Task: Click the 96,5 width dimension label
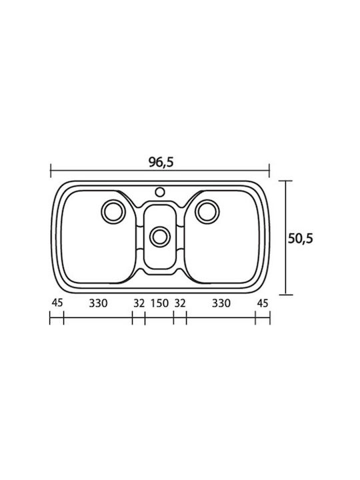click(161, 162)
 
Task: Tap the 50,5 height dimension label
click(300, 238)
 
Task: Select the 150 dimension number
click(159, 303)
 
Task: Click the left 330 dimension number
click(98, 303)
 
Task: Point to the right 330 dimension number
click(221, 303)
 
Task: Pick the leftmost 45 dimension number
click(57, 303)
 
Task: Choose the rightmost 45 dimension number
click(263, 303)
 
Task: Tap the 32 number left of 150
click(139, 303)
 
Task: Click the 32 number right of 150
click(180, 303)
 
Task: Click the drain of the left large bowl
click(113, 212)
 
